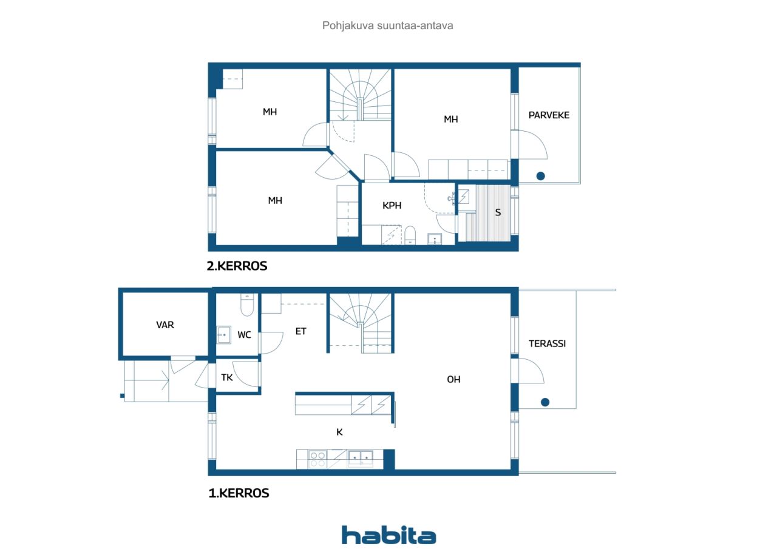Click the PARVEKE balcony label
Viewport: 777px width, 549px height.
(549, 115)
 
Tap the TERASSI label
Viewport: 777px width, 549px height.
(547, 343)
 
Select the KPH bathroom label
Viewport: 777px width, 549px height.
(392, 206)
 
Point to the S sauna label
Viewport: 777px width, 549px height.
(498, 212)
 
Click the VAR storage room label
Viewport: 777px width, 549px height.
(165, 325)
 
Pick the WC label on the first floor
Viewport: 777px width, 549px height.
(244, 335)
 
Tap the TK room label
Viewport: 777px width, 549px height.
(227, 377)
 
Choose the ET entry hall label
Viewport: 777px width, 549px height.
(300, 331)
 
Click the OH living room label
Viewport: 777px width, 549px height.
(453, 380)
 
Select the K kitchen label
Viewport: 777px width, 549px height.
(339, 432)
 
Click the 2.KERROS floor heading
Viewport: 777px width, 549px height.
(237, 266)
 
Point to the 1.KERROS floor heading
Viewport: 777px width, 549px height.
(239, 493)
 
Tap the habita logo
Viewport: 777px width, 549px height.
(388, 535)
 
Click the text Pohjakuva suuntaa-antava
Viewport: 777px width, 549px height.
(387, 25)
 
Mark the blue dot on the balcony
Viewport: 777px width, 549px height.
(540, 176)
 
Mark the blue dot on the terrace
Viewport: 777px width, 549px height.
(545, 402)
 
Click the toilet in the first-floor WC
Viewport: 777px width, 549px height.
(247, 305)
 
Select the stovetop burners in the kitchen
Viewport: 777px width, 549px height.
(317, 459)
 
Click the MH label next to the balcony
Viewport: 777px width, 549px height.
(450, 120)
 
